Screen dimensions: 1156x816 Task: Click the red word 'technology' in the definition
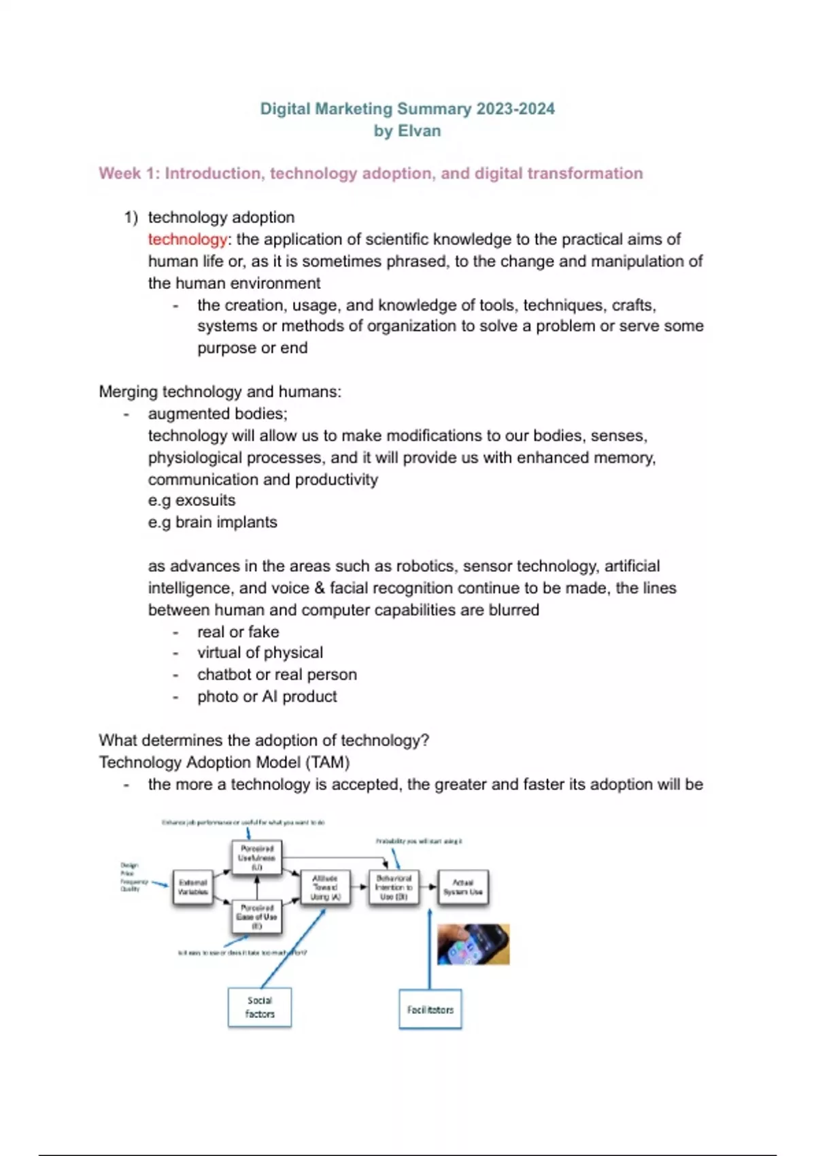pyautogui.click(x=187, y=239)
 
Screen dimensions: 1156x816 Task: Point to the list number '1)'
pyautogui.click(x=131, y=218)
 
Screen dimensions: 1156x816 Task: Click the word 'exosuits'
pyautogui.click(x=205, y=500)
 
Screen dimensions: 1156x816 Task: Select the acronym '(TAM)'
pyautogui.click(x=328, y=762)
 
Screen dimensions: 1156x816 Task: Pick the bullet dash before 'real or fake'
pyautogui.click(x=176, y=632)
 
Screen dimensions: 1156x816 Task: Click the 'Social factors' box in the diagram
pyautogui.click(x=260, y=1007)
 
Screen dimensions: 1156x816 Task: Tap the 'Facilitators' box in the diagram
pyautogui.click(x=430, y=1010)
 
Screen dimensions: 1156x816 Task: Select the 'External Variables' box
pyautogui.click(x=192, y=887)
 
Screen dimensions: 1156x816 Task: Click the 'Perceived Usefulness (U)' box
pyautogui.click(x=256, y=857)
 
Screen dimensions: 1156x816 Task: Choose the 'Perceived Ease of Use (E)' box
pyautogui.click(x=256, y=917)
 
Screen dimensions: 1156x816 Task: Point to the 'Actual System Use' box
pyautogui.click(x=462, y=887)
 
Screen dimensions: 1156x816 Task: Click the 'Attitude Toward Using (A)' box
pyautogui.click(x=325, y=887)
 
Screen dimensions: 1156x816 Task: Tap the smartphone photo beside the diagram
pyautogui.click(x=473, y=944)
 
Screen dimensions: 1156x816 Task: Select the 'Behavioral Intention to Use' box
pyautogui.click(x=394, y=887)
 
